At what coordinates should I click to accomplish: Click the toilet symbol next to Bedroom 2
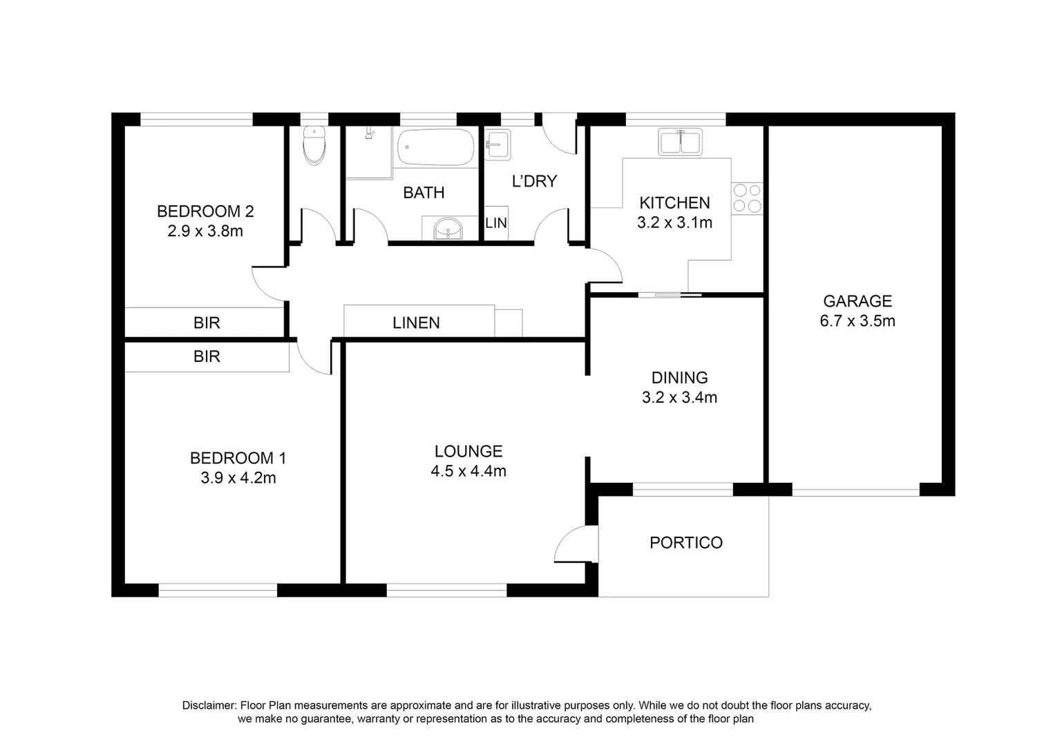click(314, 146)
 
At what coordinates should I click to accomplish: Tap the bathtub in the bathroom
click(435, 148)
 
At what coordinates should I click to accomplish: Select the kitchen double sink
click(681, 142)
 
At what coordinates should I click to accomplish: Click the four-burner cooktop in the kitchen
click(747, 198)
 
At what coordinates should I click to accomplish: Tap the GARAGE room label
click(857, 301)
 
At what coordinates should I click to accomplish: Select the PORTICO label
click(685, 543)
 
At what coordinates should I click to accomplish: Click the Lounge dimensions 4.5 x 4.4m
click(468, 472)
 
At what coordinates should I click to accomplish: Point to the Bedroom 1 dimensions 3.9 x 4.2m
click(238, 478)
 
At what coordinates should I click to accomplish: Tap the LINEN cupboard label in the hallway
click(416, 323)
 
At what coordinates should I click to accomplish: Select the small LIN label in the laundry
click(496, 223)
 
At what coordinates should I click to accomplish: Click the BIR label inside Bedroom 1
click(207, 356)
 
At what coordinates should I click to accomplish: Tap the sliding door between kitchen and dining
click(669, 296)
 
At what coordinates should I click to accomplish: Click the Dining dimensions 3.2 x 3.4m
click(679, 398)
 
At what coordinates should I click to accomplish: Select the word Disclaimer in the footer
click(208, 705)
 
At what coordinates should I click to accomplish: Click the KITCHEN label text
click(674, 203)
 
